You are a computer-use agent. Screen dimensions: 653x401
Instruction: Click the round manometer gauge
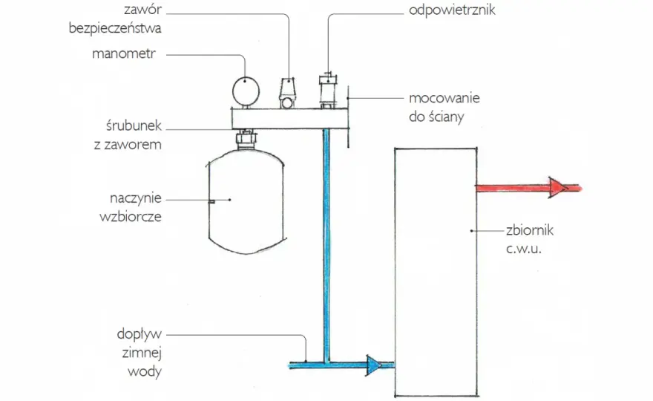click(x=246, y=91)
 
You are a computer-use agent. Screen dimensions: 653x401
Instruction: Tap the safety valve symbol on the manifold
click(x=287, y=93)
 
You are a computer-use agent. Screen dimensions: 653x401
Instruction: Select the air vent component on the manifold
click(x=328, y=91)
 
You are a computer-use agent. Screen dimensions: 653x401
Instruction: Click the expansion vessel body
click(x=246, y=201)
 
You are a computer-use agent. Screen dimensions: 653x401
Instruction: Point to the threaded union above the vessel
click(x=246, y=139)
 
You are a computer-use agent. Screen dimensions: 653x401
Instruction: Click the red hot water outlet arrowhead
click(x=558, y=188)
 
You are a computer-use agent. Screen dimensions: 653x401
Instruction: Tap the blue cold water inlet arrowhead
click(x=373, y=365)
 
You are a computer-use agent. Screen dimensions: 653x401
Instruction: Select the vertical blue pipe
click(x=326, y=245)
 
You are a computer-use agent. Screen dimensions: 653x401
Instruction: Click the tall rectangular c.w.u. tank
click(x=436, y=272)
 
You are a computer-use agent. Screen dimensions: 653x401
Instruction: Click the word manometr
click(x=124, y=53)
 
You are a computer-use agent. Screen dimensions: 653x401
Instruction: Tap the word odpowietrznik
click(x=452, y=10)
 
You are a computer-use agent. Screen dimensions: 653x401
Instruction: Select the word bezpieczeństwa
click(x=115, y=28)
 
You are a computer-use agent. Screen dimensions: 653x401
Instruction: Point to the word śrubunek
click(x=134, y=125)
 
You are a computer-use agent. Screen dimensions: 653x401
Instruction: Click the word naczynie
click(x=135, y=198)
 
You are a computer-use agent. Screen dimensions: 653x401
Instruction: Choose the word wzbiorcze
click(x=131, y=216)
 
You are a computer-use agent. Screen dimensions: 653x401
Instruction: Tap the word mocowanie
click(x=444, y=98)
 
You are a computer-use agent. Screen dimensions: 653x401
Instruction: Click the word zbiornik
click(x=530, y=229)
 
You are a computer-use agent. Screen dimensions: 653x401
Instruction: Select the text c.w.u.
click(x=523, y=249)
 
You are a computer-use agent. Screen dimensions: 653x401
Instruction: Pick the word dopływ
click(x=139, y=335)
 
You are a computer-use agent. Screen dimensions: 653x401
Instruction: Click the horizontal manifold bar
click(x=290, y=118)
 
